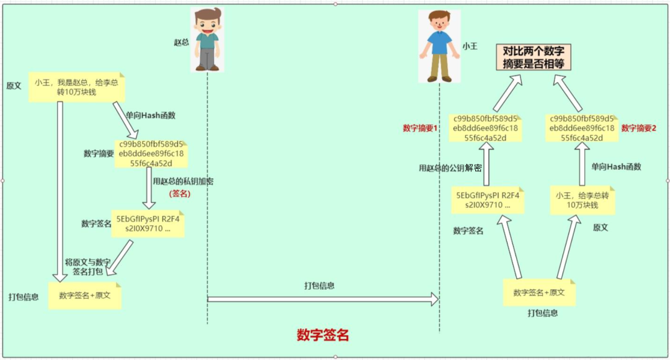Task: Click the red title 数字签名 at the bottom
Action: click(323, 335)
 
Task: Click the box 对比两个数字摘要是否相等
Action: click(533, 57)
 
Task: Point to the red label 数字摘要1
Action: click(421, 128)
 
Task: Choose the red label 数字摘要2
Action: click(638, 128)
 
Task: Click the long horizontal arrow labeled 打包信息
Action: click(323, 299)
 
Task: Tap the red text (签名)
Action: click(180, 194)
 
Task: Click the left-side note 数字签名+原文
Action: click(85, 295)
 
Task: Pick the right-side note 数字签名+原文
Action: click(539, 292)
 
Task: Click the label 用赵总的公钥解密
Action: click(450, 168)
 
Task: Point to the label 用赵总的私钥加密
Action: click(184, 181)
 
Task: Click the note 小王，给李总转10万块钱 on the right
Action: click(582, 200)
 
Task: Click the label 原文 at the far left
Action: click(14, 86)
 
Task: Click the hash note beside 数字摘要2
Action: click(581, 128)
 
